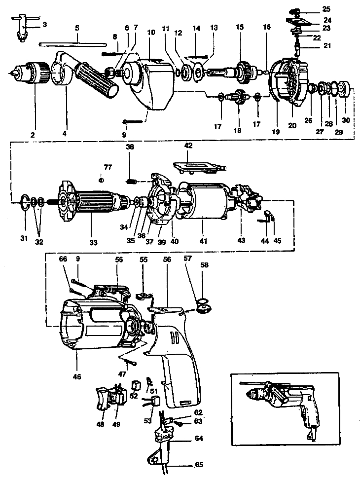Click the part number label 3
click(45, 24)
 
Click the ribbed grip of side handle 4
click(97, 79)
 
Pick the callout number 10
click(151, 32)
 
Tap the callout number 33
click(94, 242)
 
